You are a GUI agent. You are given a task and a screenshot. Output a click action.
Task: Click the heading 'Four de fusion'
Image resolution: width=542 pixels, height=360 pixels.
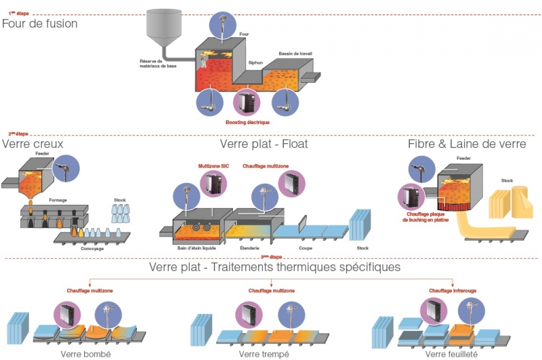pyautogui.click(x=40, y=24)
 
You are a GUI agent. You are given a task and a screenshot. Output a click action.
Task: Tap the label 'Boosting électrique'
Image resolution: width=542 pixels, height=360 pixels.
pyautogui.click(x=247, y=122)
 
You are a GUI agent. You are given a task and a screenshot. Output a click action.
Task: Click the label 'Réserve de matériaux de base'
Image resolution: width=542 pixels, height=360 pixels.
pyautogui.click(x=149, y=64)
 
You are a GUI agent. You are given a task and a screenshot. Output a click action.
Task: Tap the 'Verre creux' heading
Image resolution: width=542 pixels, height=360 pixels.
pyautogui.click(x=33, y=144)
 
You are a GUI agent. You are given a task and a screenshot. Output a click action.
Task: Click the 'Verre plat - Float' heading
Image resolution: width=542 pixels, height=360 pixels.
pyautogui.click(x=264, y=144)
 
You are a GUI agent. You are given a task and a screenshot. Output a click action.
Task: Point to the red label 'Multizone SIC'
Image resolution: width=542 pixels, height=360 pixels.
pyautogui.click(x=214, y=165)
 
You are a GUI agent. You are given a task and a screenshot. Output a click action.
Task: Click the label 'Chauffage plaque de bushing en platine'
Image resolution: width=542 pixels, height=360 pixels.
pyautogui.click(x=425, y=217)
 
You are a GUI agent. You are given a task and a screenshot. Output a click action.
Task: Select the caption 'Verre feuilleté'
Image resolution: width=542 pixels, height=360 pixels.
pyautogui.click(x=451, y=354)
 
